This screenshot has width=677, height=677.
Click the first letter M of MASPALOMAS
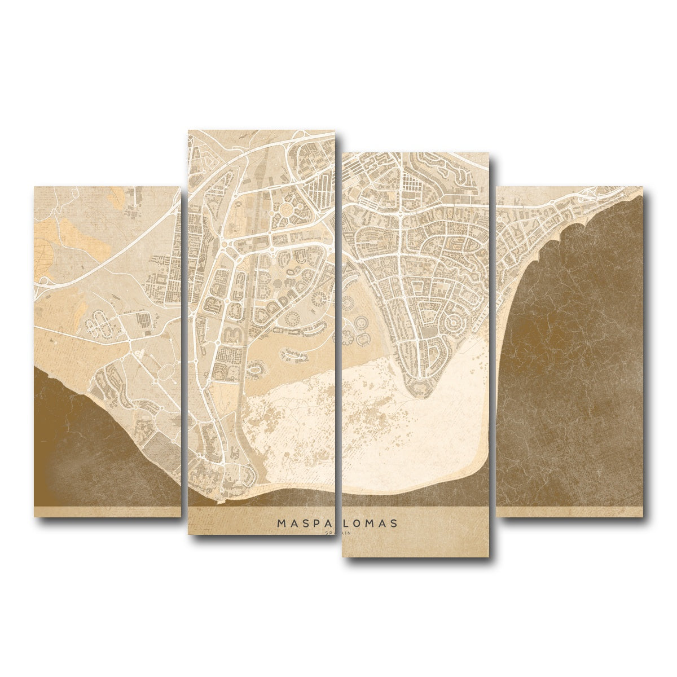point(280,524)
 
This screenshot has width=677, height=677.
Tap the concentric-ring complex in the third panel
point(454,323)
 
